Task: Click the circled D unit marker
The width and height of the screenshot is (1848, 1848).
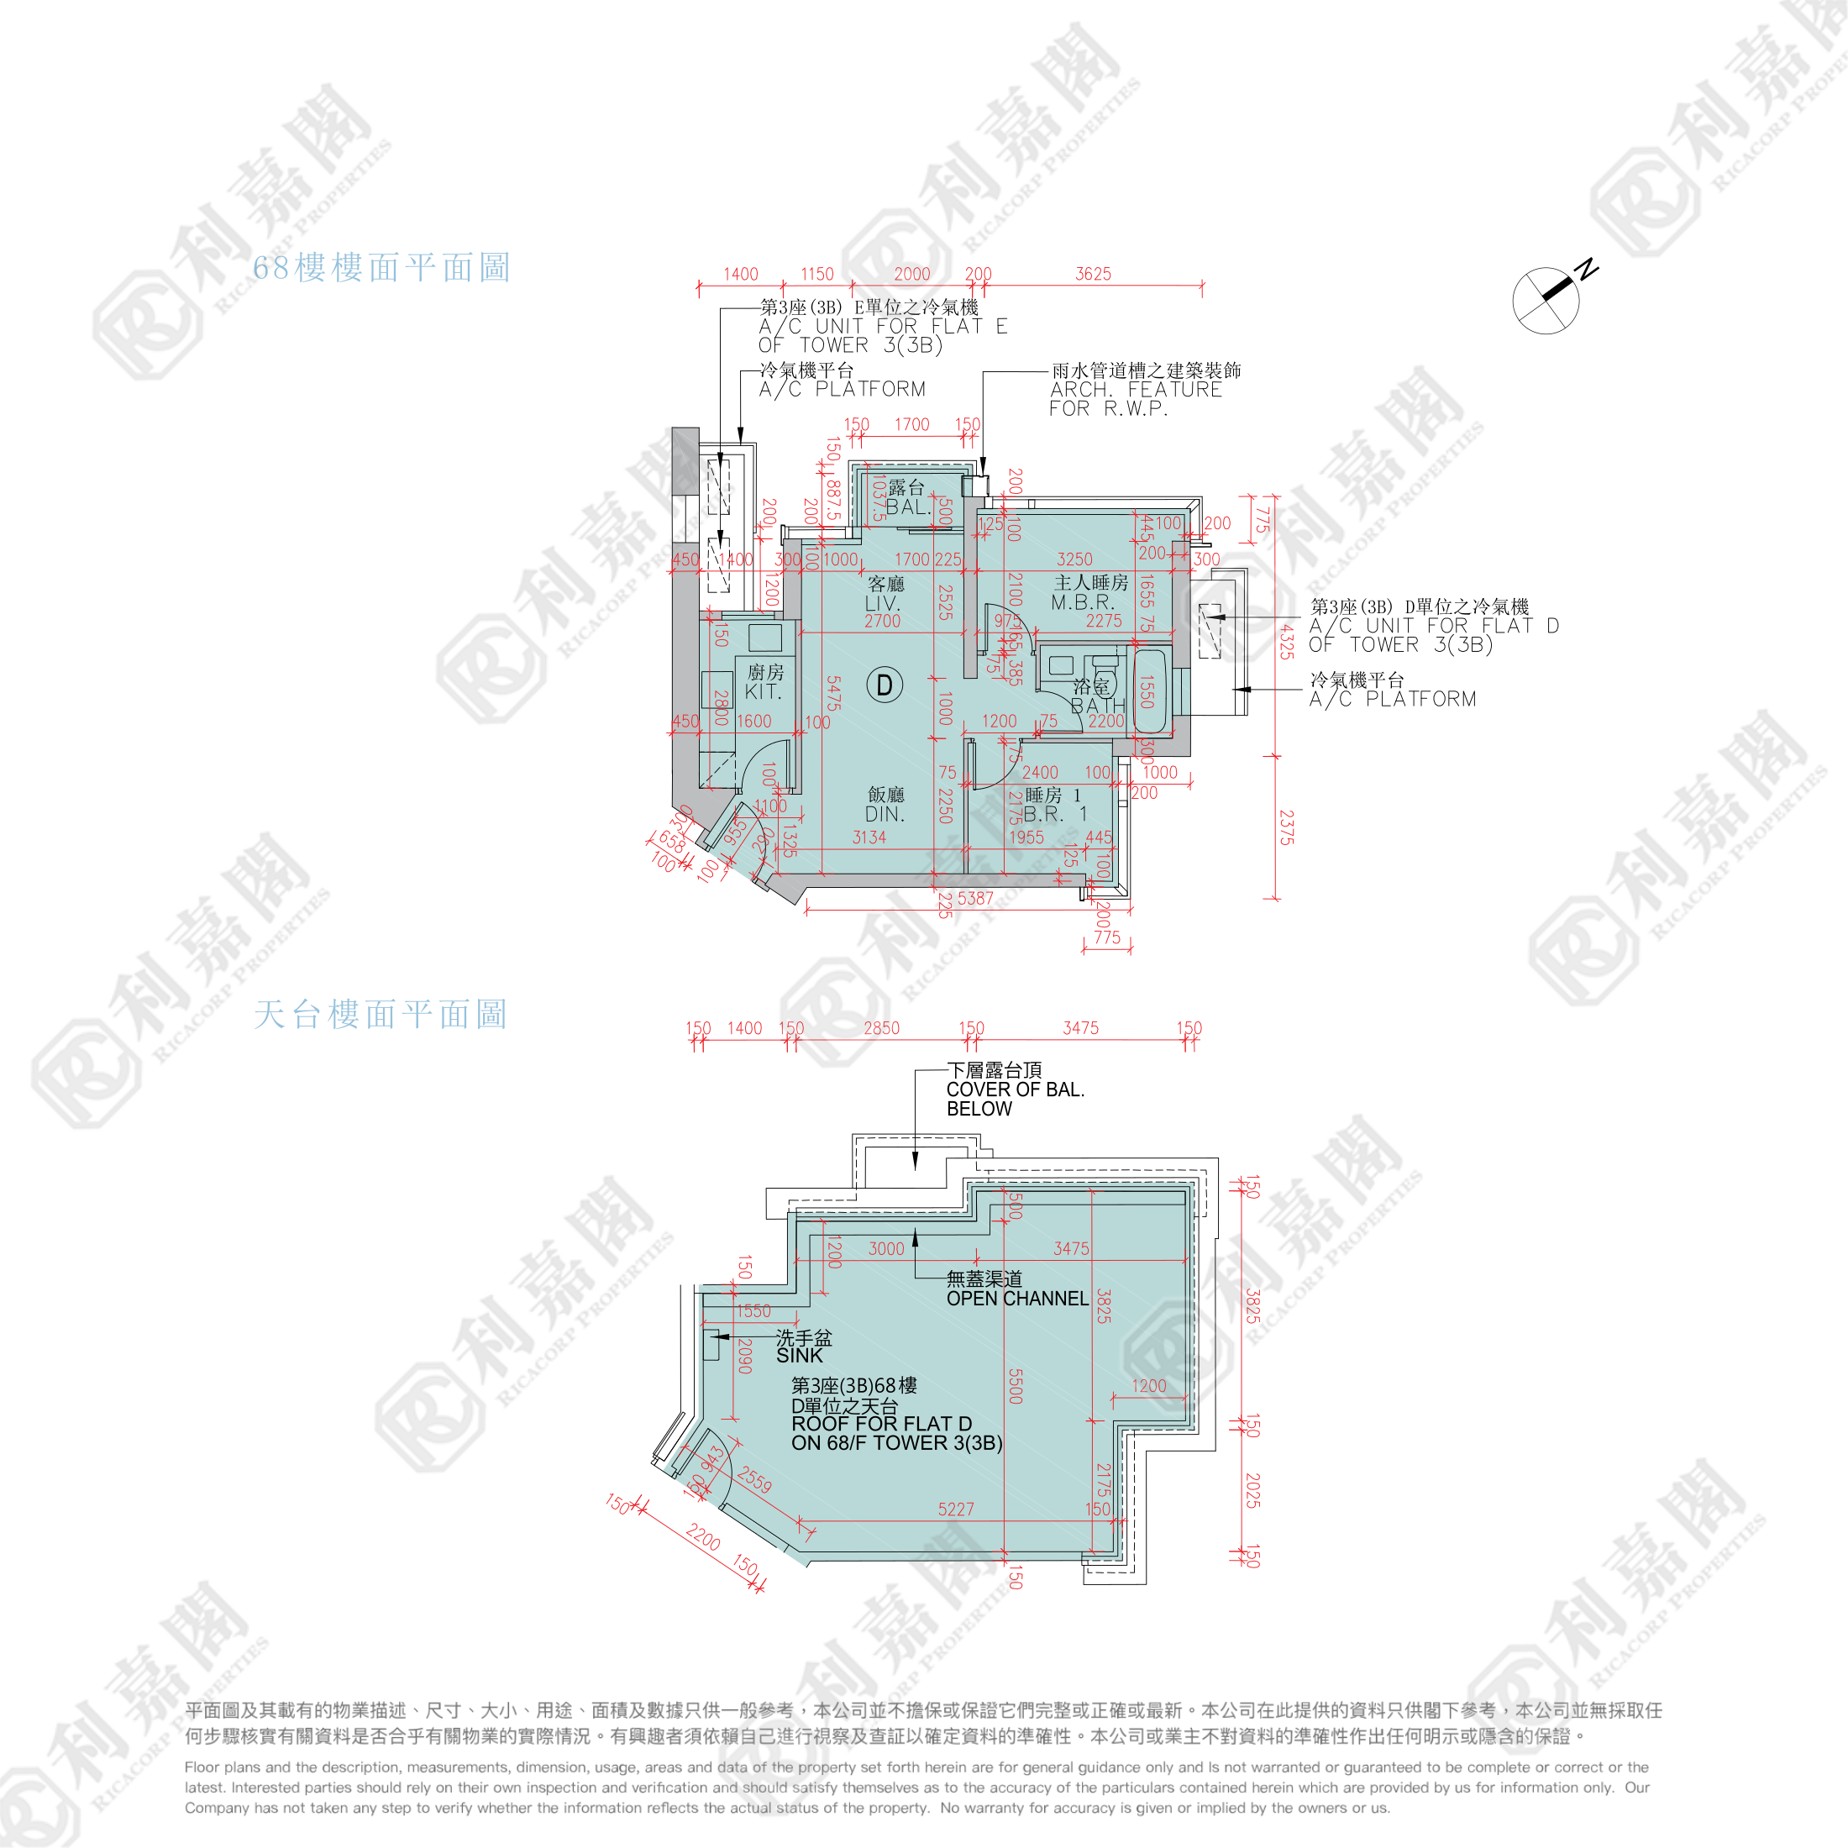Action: coord(884,685)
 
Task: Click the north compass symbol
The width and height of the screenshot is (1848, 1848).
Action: coord(1546,299)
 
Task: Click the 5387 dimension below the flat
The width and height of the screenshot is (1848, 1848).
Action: coord(975,898)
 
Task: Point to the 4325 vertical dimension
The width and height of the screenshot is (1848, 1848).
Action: coord(1287,641)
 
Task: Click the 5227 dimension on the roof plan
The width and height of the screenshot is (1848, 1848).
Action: coord(956,1509)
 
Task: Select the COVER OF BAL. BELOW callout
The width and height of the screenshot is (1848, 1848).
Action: coord(1015,1089)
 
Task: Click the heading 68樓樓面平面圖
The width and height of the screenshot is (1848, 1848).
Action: coord(381,268)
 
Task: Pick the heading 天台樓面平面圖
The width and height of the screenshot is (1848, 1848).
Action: coord(380,1014)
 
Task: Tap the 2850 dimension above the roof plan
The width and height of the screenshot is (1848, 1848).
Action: coord(881,1028)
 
